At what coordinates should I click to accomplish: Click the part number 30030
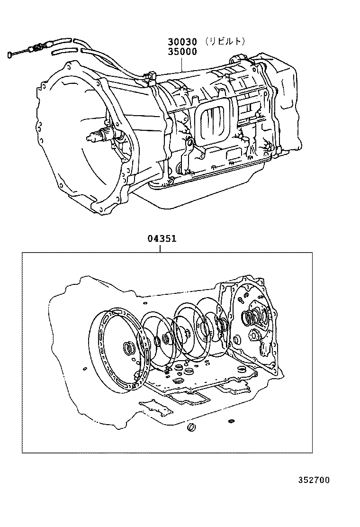[181, 42]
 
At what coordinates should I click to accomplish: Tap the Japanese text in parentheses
[225, 41]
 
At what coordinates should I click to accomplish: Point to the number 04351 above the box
[162, 239]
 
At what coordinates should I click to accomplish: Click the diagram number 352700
[313, 480]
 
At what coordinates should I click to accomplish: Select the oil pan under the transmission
[199, 194]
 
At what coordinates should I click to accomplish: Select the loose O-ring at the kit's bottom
[191, 429]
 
